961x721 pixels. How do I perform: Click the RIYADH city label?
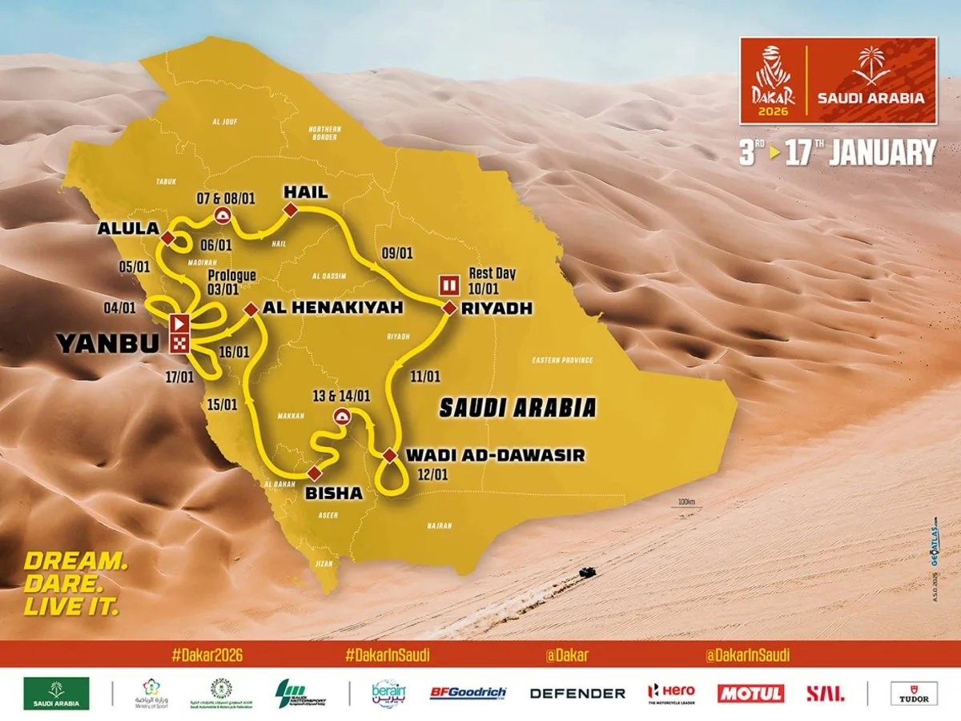click(x=481, y=308)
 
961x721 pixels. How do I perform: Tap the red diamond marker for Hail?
click(x=290, y=209)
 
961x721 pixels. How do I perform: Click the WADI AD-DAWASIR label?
click(x=495, y=455)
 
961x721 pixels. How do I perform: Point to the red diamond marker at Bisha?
click(x=313, y=472)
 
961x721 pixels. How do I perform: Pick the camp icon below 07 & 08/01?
click(x=222, y=215)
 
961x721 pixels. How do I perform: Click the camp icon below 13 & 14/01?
click(x=341, y=415)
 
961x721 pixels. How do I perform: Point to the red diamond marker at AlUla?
click(x=168, y=238)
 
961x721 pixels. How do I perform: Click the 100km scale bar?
click(x=686, y=505)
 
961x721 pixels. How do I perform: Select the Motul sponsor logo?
click(x=750, y=693)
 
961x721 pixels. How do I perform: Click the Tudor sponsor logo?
click(x=914, y=693)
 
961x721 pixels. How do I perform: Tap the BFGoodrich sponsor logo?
click(x=467, y=693)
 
